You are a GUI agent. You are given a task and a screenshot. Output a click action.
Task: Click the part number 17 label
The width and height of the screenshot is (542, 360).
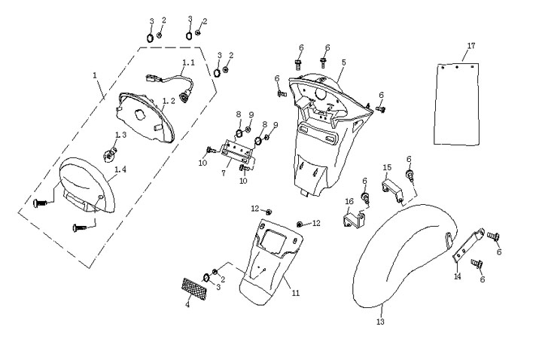click(471, 46)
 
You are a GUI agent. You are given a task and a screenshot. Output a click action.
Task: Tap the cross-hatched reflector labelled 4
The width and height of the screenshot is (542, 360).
click(195, 288)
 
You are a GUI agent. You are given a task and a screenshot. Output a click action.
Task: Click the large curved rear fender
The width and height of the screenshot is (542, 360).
click(399, 256)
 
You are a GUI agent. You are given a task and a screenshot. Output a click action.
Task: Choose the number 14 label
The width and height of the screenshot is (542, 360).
click(456, 276)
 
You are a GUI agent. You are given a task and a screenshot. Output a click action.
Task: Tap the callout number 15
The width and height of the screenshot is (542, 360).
click(386, 167)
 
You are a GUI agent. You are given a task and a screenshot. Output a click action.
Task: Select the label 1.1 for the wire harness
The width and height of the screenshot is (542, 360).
click(188, 63)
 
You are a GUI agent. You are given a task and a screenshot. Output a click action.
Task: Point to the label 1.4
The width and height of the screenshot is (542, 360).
click(120, 170)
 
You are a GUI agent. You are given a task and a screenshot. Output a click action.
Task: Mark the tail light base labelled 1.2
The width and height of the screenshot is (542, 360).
click(147, 117)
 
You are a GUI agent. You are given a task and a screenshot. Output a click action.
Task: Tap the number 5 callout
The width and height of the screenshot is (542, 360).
click(343, 62)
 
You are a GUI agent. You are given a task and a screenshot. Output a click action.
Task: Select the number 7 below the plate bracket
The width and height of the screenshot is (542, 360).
click(224, 172)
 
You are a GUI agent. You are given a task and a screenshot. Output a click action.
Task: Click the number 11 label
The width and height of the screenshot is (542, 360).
click(296, 291)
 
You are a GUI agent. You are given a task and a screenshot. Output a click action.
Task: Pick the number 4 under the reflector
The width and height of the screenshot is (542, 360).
click(187, 305)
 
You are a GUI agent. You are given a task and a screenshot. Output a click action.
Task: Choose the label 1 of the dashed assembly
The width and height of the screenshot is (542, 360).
click(95, 75)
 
